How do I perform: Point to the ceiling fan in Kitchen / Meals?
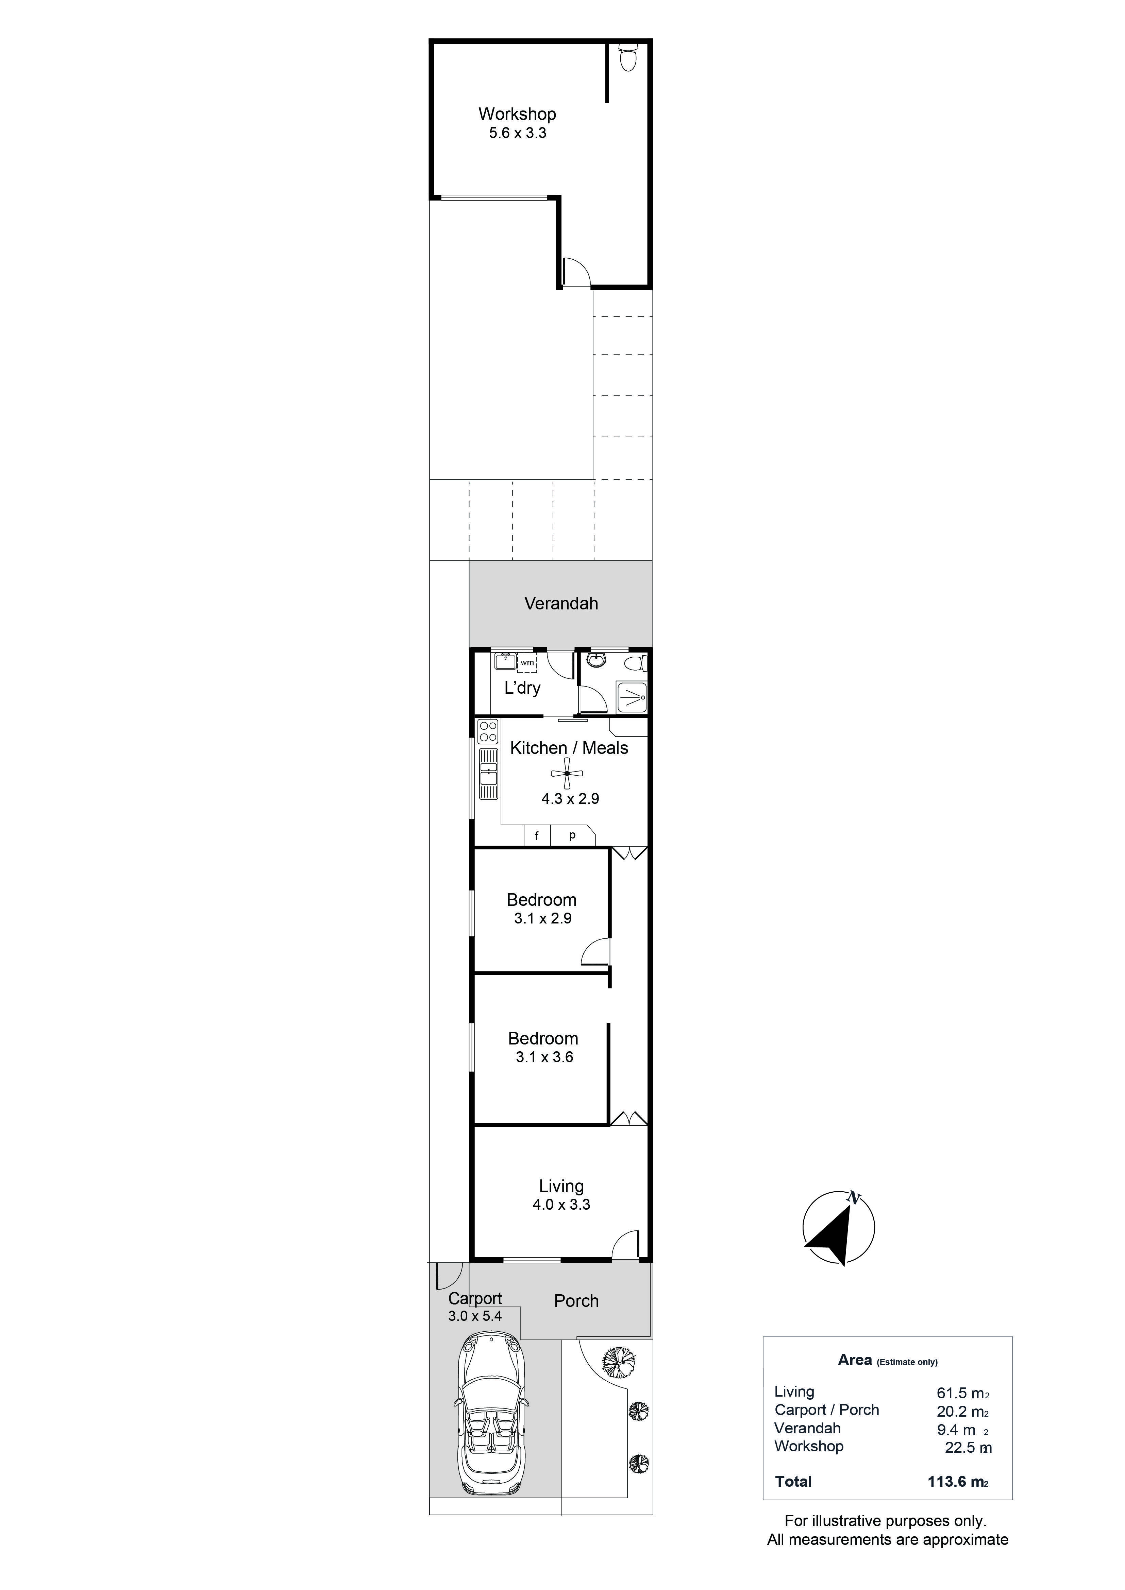click(x=567, y=774)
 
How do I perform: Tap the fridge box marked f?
click(x=537, y=836)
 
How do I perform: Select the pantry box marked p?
click(x=573, y=836)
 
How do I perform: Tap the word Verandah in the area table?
click(x=808, y=1428)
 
